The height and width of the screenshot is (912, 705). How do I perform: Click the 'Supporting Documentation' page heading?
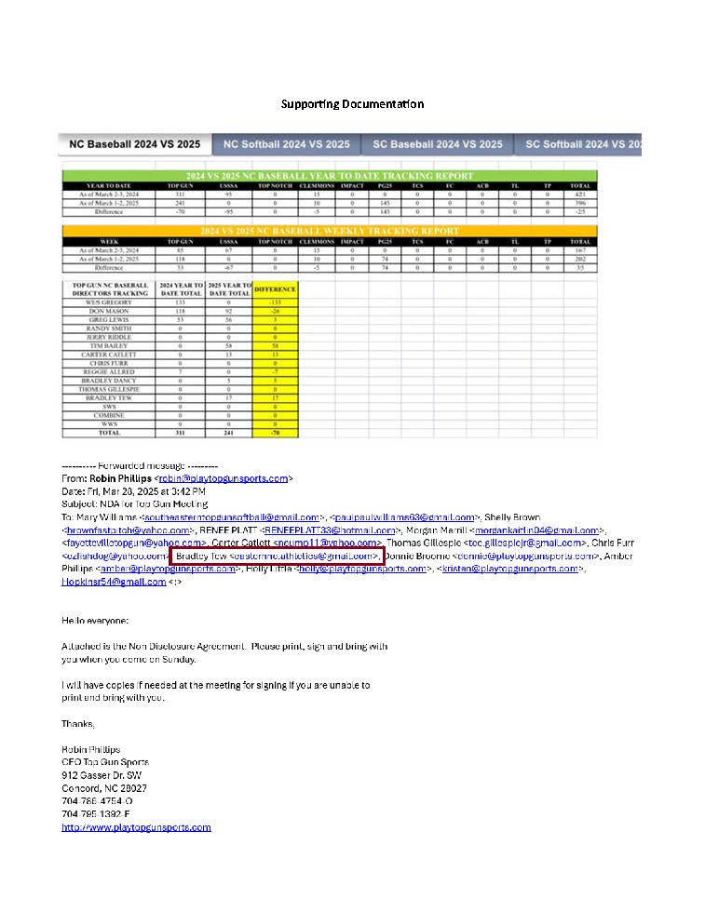[x=352, y=103]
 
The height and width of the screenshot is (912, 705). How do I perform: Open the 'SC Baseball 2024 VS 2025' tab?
[x=438, y=144]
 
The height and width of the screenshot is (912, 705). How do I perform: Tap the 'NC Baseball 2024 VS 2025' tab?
[x=134, y=144]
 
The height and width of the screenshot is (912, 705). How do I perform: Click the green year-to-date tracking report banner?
[x=329, y=175]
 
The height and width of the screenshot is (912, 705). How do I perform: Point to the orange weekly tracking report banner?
[x=329, y=230]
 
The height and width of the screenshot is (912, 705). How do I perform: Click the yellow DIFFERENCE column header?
[x=275, y=289]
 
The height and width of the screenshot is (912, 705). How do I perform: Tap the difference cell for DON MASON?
[x=275, y=312]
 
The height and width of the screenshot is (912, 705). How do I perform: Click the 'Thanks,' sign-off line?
[x=77, y=723]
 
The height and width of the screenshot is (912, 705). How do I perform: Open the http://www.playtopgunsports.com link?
[x=136, y=827]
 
